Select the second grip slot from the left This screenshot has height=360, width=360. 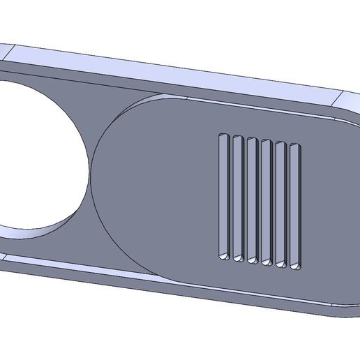click(x=237, y=197)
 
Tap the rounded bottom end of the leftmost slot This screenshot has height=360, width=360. click(x=223, y=257)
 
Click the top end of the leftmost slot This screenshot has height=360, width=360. click(x=223, y=134)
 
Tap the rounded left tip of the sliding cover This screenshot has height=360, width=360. click(x=94, y=181)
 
